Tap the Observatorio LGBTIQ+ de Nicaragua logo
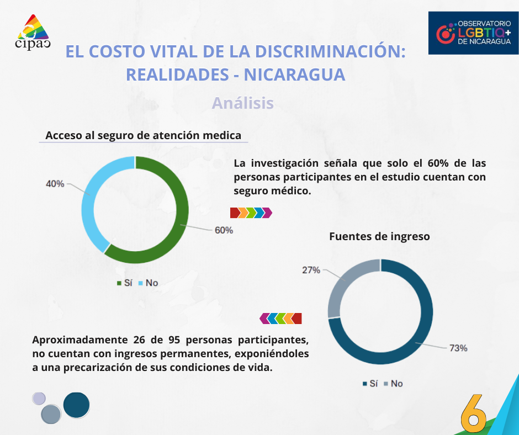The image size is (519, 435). pyautogui.click(x=474, y=33)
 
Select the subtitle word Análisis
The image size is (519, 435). pyautogui.click(x=243, y=103)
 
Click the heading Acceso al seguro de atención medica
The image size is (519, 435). pyautogui.click(x=143, y=135)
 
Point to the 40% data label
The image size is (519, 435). pyautogui.click(x=55, y=184)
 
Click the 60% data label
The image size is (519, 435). pyautogui.click(x=224, y=230)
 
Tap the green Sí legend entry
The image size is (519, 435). pyautogui.click(x=124, y=283)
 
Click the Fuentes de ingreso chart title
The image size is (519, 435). pyautogui.click(x=379, y=236)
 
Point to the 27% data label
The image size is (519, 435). pyautogui.click(x=311, y=270)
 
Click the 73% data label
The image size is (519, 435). pyautogui.click(x=458, y=348)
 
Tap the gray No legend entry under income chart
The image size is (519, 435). pyautogui.click(x=393, y=383)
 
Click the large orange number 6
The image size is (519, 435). pyautogui.click(x=473, y=412)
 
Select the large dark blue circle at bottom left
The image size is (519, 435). pyautogui.click(x=76, y=405)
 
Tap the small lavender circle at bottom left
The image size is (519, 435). pyautogui.click(x=39, y=398)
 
